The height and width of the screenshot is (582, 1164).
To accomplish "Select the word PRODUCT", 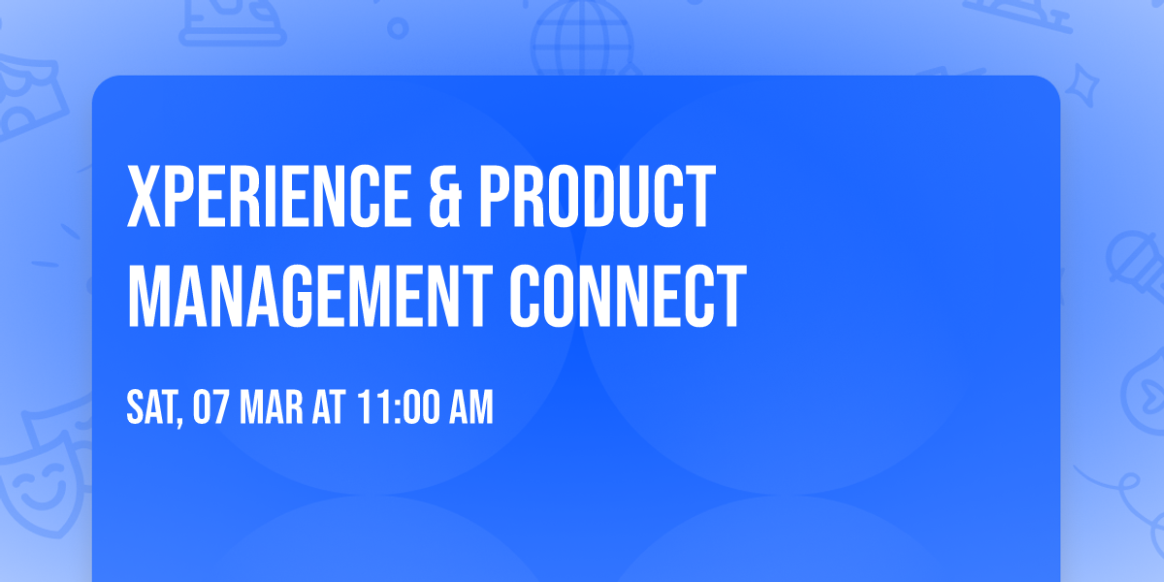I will coord(596,198).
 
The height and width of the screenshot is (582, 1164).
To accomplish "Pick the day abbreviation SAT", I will coord(150,408).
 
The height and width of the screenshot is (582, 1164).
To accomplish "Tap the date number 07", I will coord(210,408).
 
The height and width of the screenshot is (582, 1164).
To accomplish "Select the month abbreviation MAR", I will coord(273,408).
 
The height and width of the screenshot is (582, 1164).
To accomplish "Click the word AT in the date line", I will coord(329,408).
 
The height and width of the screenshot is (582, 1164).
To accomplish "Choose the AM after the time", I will coord(469,408).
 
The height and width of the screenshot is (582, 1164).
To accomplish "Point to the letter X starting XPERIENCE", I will coord(145,198).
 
